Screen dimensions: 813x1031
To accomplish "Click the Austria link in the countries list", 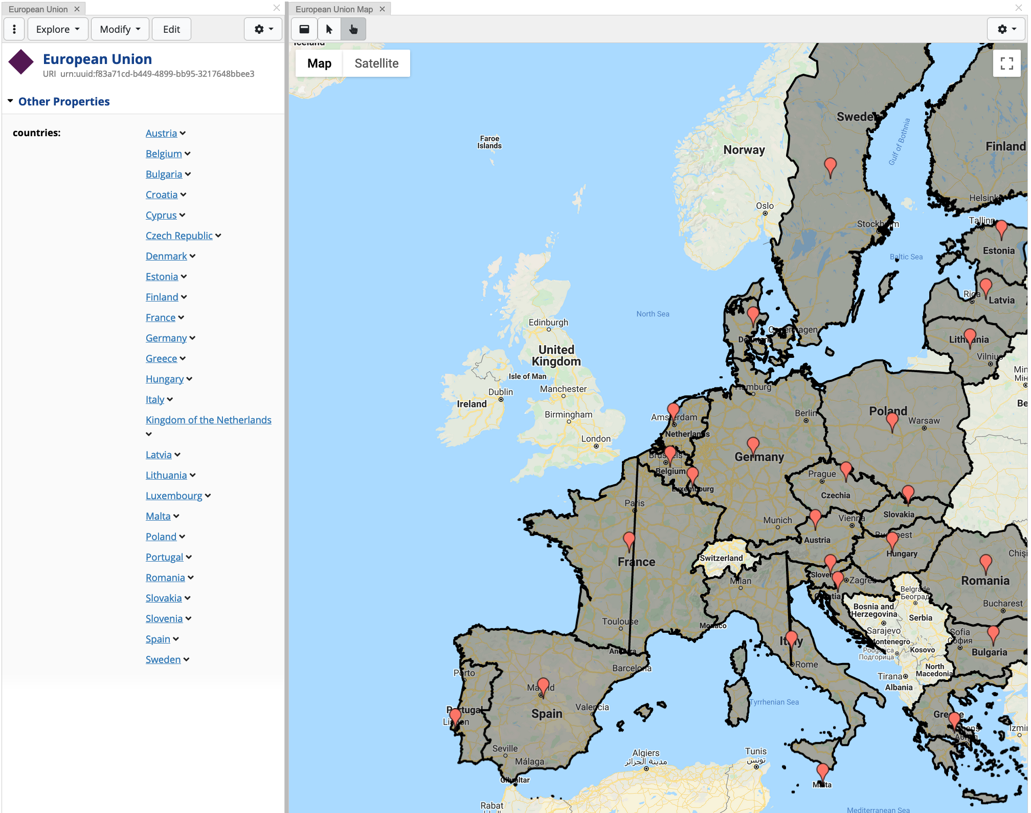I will click(x=161, y=133).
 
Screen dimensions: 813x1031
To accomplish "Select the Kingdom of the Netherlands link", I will click(x=208, y=420).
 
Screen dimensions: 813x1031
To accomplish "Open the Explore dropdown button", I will click(x=58, y=29).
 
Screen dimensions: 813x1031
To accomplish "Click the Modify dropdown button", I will click(x=120, y=29).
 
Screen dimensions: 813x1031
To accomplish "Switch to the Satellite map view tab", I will click(x=376, y=63).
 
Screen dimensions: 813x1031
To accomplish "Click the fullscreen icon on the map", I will click(x=1006, y=63).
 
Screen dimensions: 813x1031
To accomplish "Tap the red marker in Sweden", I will click(x=830, y=167).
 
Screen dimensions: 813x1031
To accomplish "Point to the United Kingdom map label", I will click(x=556, y=355).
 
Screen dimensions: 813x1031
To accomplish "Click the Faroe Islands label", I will click(x=489, y=142).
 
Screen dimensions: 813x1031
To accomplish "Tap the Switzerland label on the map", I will click(x=721, y=558).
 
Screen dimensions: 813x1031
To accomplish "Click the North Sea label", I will click(x=653, y=314).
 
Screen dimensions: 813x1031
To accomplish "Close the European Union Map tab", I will click(x=382, y=9).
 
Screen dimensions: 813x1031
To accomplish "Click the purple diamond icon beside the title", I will click(x=21, y=62).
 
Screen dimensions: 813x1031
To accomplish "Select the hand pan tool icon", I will click(x=353, y=29).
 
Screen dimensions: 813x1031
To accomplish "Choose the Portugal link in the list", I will click(x=164, y=557).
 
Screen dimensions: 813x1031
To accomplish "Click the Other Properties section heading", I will click(x=64, y=101).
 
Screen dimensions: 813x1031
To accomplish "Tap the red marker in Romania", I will click(x=985, y=564).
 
